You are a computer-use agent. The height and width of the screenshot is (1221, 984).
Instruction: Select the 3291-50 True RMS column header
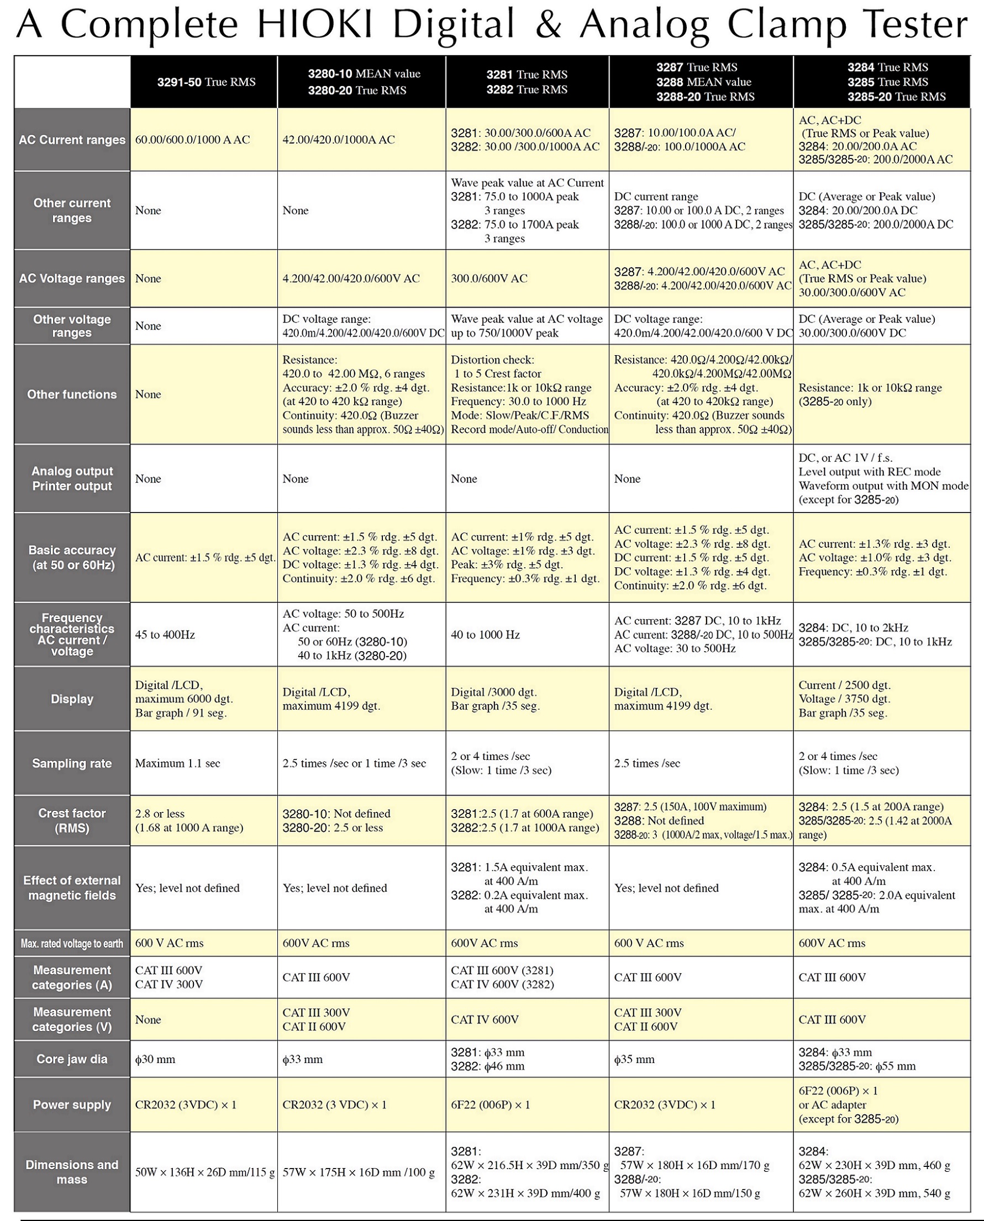click(206, 82)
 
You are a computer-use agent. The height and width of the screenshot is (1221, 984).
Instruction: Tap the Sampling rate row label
click(72, 763)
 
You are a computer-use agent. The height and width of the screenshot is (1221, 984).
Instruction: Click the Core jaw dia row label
click(72, 1059)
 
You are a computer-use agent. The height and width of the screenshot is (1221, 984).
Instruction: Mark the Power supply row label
click(72, 1104)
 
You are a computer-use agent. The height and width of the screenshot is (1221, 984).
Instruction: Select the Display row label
click(72, 699)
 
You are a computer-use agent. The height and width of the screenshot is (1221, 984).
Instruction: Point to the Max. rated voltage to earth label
click(72, 943)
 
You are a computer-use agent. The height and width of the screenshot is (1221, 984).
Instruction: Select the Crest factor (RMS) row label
click(72, 821)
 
